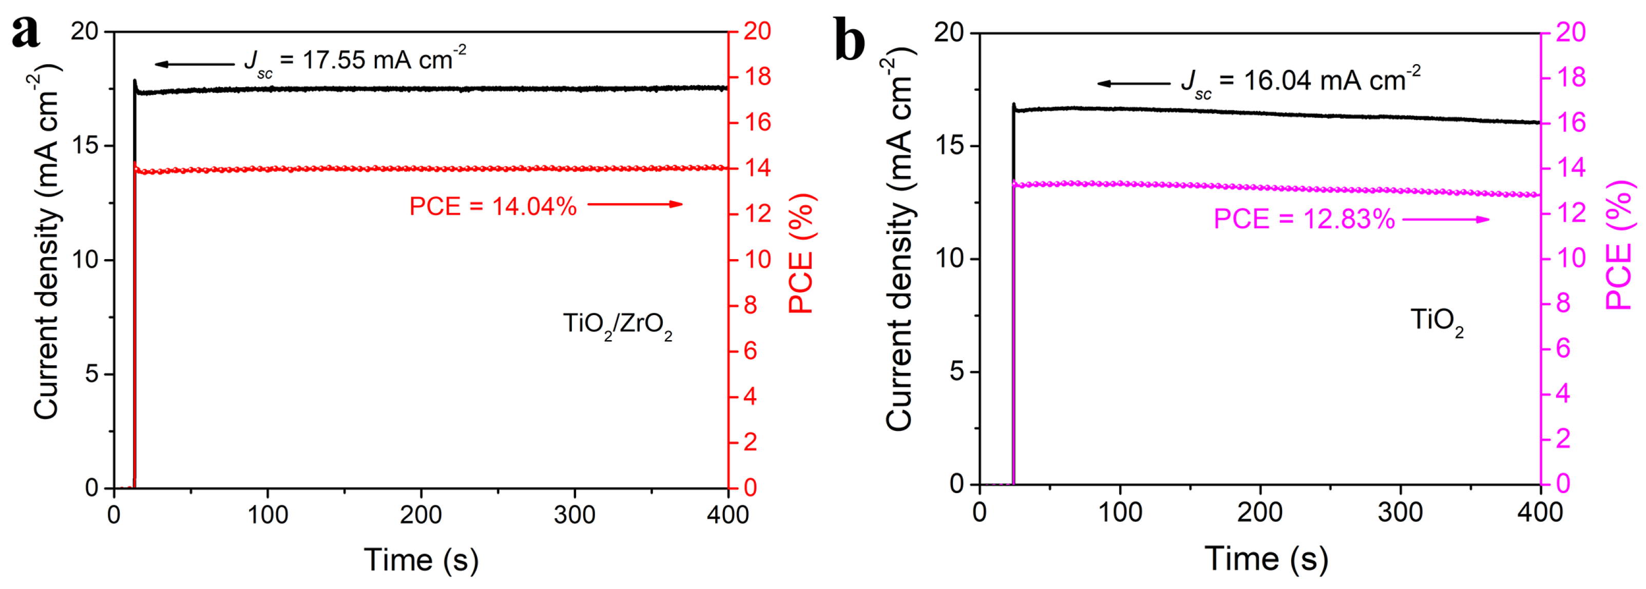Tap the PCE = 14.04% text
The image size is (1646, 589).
(x=493, y=206)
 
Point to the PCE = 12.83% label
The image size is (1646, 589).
(x=1304, y=220)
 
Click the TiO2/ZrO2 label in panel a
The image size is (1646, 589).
(x=617, y=325)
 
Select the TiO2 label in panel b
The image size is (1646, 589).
(x=1437, y=321)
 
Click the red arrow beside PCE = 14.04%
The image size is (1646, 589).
(x=635, y=204)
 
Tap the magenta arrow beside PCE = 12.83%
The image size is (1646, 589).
(x=1445, y=220)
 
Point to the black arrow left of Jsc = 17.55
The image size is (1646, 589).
(x=195, y=64)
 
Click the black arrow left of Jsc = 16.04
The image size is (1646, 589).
(x=1134, y=84)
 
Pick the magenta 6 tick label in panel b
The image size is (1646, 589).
(x=1563, y=349)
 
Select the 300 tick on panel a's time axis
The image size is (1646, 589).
(x=575, y=514)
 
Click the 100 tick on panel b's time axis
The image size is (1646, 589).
(x=1119, y=513)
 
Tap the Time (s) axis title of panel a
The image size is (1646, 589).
(x=421, y=560)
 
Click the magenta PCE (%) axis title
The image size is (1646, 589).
(x=1620, y=245)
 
